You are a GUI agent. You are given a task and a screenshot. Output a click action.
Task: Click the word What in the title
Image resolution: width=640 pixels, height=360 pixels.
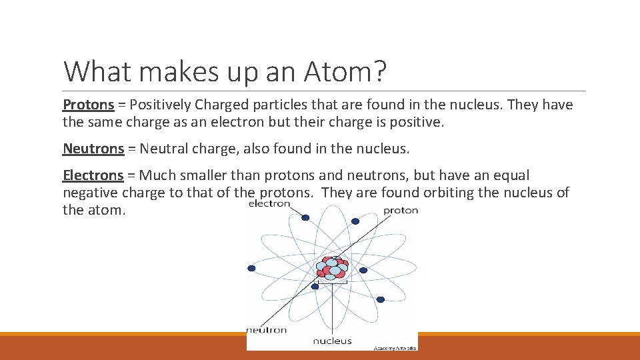(x=93, y=71)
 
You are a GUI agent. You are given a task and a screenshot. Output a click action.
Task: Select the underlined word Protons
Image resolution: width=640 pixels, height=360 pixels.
(x=88, y=105)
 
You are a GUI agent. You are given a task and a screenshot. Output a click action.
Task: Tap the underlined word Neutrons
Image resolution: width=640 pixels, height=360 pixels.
(x=93, y=149)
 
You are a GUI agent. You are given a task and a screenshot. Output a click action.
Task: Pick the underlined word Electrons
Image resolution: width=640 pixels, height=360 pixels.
(x=93, y=176)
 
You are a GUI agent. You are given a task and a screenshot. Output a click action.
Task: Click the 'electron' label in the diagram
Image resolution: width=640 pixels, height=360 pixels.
(x=269, y=203)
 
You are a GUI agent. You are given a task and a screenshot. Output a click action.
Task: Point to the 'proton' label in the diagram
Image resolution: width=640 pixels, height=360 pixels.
(x=401, y=210)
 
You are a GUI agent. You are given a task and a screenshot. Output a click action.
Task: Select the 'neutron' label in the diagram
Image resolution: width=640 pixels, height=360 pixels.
(x=267, y=329)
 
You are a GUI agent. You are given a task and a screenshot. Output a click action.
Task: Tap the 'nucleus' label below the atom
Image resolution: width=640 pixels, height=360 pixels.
(x=332, y=341)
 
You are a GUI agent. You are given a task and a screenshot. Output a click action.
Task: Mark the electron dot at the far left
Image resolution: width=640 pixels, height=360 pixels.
(x=251, y=268)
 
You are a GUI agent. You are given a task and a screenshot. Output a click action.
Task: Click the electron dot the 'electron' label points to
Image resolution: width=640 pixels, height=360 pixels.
(x=305, y=217)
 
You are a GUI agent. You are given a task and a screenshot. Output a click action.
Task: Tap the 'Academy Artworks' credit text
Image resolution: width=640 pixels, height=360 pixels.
(x=395, y=347)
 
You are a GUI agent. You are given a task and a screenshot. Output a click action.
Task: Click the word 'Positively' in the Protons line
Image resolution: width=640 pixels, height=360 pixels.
(x=159, y=105)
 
